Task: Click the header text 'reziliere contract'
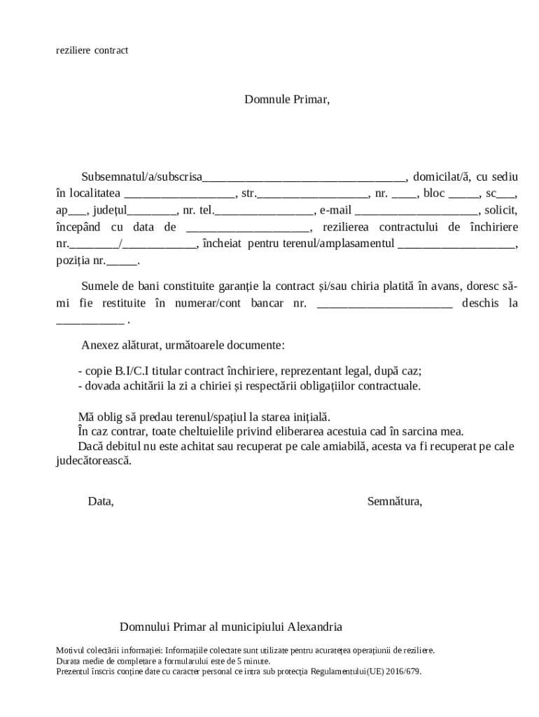tap(92, 50)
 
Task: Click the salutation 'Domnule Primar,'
tap(286, 99)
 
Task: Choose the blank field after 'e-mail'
tap(416, 211)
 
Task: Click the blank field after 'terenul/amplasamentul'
tap(456, 246)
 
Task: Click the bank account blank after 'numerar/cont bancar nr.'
tap(385, 305)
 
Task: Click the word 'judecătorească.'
tap(93, 461)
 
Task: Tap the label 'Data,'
tap(100, 501)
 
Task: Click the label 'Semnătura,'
tap(394, 501)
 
